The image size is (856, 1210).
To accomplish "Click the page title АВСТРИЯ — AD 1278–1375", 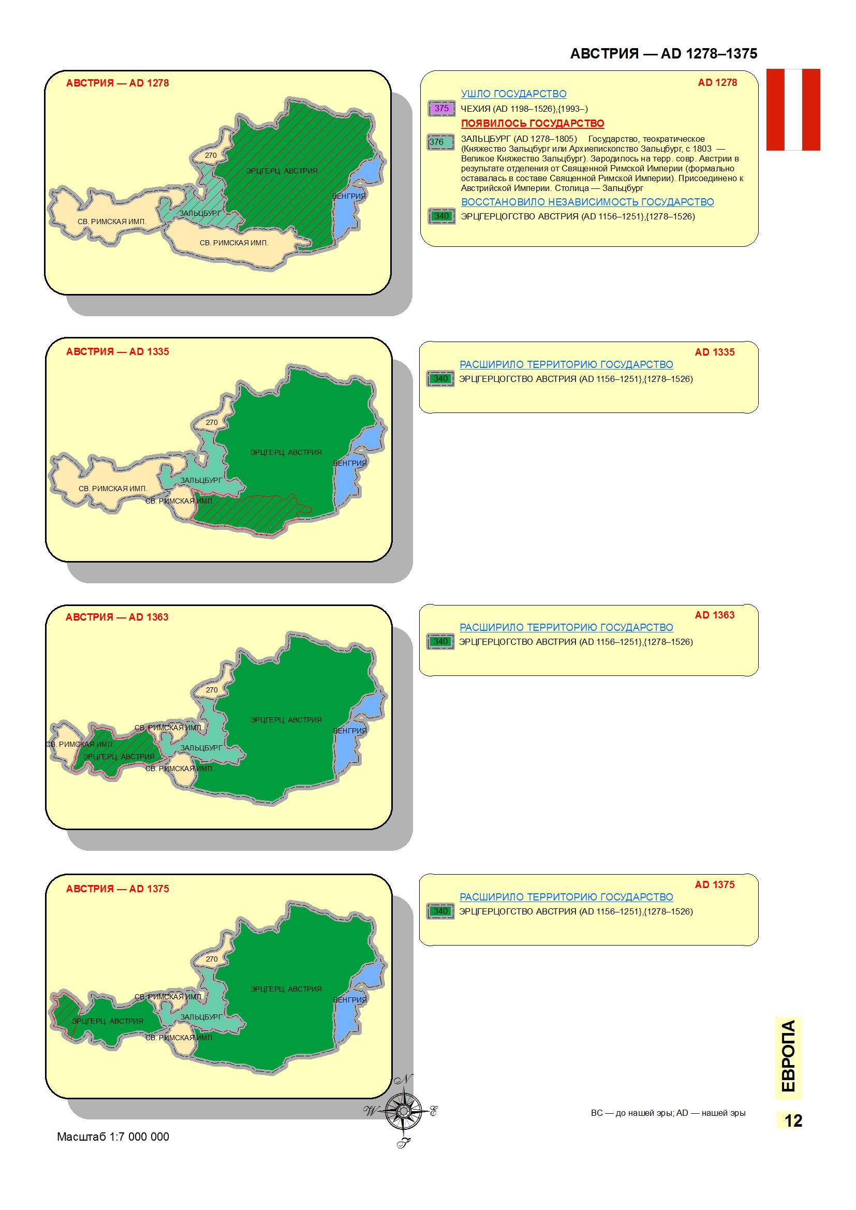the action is click(663, 53).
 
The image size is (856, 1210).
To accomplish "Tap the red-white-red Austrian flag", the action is click(793, 110).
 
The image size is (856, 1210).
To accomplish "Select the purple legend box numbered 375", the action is click(441, 109).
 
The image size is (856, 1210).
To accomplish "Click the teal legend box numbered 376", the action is click(440, 142).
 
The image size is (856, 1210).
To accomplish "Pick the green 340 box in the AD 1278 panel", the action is click(441, 216).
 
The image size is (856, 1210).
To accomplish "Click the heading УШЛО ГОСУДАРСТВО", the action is click(513, 94).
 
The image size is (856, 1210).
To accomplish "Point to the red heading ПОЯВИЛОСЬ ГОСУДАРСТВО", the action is click(533, 123).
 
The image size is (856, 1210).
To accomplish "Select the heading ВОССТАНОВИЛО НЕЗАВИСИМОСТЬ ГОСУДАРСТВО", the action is click(587, 202).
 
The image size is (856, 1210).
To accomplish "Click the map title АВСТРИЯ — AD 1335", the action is click(117, 351).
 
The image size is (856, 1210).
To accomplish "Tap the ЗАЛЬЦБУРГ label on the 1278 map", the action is click(200, 213).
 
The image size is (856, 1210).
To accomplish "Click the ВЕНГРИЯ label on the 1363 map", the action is click(350, 731).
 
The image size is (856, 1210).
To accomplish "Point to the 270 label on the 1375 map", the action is click(212, 959).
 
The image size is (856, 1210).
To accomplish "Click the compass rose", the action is click(403, 1111).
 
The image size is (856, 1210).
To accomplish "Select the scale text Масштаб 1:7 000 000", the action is click(113, 1137).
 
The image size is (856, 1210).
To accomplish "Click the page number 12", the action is click(793, 1120).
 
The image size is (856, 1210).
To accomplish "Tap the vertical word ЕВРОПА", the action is click(788, 1057).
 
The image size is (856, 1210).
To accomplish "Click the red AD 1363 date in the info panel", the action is click(714, 615).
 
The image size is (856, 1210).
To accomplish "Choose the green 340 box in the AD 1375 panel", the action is click(440, 911).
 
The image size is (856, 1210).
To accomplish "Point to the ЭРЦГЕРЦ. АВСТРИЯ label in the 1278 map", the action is click(282, 171).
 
